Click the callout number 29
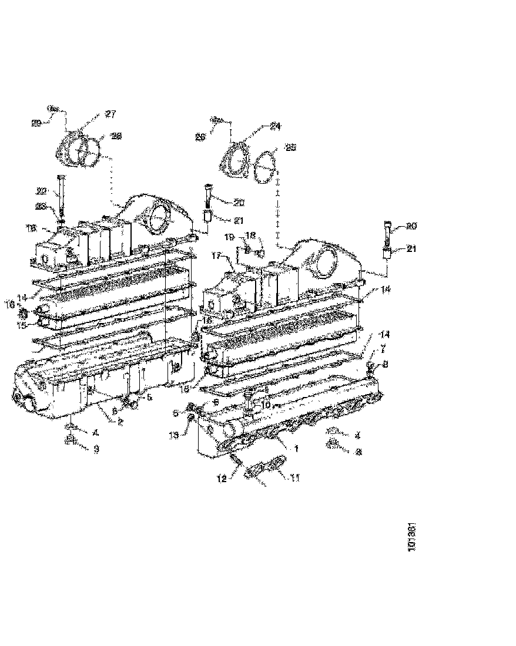[x=36, y=123]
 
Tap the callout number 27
[x=110, y=114]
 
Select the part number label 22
[x=41, y=190]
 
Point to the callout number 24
[x=276, y=126]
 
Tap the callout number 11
[x=384, y=349]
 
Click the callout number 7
[x=384, y=349]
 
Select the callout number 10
[x=266, y=405]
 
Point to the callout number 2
[x=120, y=422]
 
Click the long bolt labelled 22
[x=61, y=194]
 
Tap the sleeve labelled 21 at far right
[x=387, y=254]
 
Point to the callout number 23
[x=41, y=206]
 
